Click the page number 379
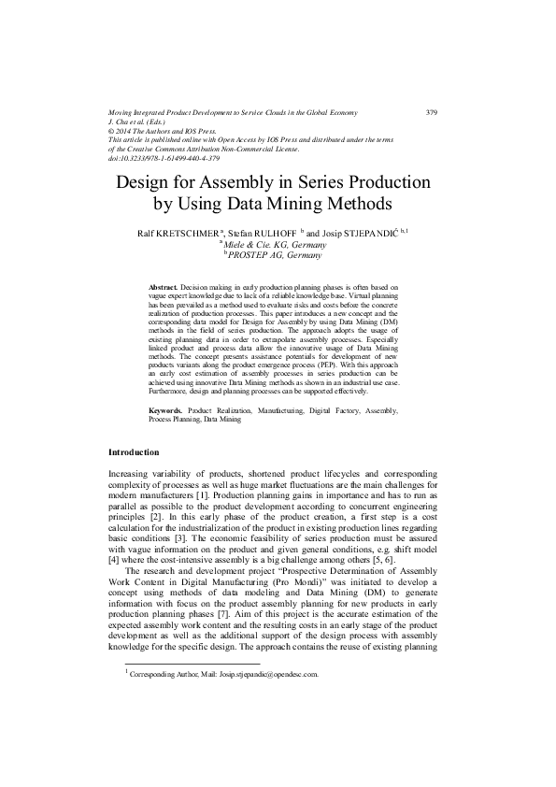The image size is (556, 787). pos(432,113)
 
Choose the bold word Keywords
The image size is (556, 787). pos(166,410)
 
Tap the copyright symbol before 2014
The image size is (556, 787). pos(112,132)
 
